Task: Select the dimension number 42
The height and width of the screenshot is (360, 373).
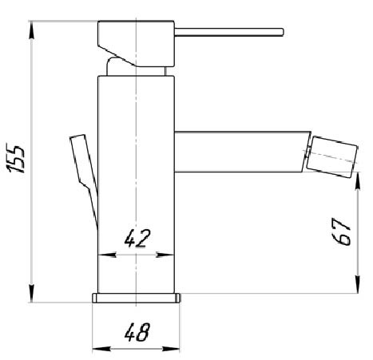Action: (137, 237)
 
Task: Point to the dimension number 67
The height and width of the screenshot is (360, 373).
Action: (343, 233)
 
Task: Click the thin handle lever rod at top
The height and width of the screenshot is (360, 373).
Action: (228, 32)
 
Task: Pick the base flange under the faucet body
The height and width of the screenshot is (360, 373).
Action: (137, 299)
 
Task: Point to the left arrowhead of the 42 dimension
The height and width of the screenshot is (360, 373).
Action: (102, 255)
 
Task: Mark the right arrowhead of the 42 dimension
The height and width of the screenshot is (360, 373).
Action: (170, 255)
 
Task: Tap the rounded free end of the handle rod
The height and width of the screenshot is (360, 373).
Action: (282, 32)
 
